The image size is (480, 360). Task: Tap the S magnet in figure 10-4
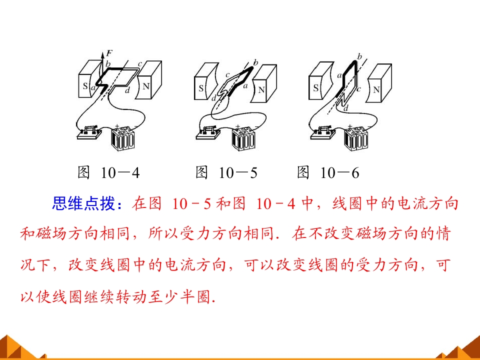pyautogui.click(x=88, y=79)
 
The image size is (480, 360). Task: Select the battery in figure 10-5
pyautogui.click(x=243, y=138)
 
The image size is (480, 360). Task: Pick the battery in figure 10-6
pyautogui.click(x=356, y=138)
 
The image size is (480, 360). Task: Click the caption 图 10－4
pyautogui.click(x=108, y=172)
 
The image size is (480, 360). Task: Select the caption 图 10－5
pyautogui.click(x=226, y=172)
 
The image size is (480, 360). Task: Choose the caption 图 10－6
pyautogui.click(x=328, y=172)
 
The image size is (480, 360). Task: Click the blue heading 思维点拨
pyautogui.click(x=83, y=203)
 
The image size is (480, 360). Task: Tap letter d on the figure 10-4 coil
pyautogui.click(x=127, y=90)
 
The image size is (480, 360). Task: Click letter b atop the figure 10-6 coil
pyautogui.click(x=359, y=57)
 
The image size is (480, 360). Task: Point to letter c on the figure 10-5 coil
pyautogui.click(x=227, y=75)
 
